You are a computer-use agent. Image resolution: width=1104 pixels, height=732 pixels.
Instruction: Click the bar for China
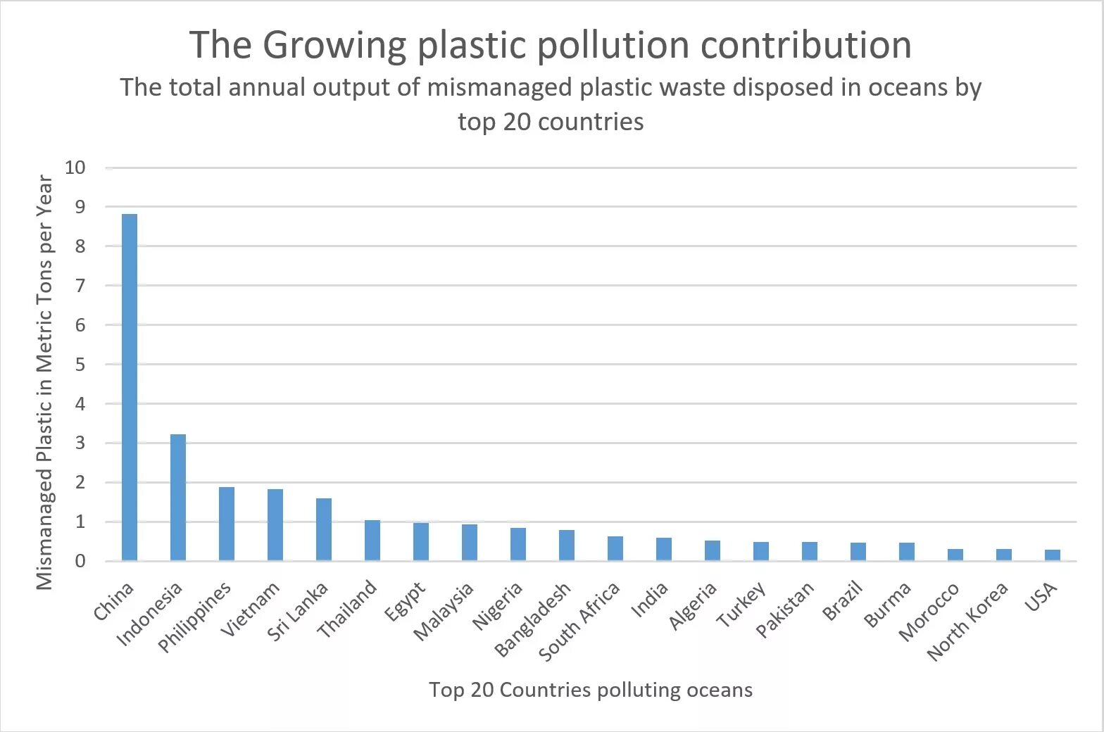click(x=130, y=387)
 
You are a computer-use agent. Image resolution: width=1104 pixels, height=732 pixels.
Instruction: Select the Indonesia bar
click(x=178, y=498)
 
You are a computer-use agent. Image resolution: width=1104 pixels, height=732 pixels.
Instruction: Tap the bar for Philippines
click(x=227, y=524)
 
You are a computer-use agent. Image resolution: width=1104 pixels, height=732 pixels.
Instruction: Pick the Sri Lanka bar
click(x=324, y=529)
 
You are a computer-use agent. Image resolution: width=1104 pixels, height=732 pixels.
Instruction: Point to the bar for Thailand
click(x=372, y=541)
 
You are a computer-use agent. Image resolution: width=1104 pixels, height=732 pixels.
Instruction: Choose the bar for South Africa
click(x=615, y=549)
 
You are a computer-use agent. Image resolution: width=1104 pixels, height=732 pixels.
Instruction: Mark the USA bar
click(x=1053, y=555)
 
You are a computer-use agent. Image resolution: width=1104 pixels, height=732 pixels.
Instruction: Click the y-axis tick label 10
click(x=75, y=168)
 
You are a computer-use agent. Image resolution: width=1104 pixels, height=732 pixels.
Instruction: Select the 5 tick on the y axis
click(x=80, y=365)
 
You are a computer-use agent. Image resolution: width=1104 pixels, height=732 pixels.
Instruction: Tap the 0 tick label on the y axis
click(x=80, y=561)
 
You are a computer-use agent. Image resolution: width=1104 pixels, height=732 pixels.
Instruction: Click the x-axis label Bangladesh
click(x=533, y=620)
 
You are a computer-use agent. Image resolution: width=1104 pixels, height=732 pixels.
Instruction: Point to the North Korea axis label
click(x=967, y=621)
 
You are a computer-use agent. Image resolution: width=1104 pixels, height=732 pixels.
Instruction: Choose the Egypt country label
click(x=405, y=602)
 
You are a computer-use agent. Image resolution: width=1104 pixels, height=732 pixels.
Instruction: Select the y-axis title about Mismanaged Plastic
click(x=44, y=382)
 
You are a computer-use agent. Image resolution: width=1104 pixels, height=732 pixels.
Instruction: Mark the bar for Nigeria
click(x=518, y=544)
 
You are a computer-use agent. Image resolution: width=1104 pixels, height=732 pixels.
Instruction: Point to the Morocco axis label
click(x=929, y=612)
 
